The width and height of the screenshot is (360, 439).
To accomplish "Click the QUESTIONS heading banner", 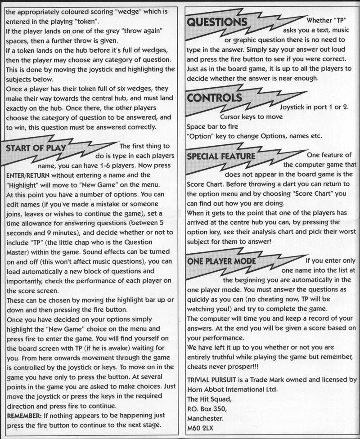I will coord(216,22).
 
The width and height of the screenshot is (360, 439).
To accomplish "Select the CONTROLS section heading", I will coord(214,98).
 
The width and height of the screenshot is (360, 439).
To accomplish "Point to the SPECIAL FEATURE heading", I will coord(221,157).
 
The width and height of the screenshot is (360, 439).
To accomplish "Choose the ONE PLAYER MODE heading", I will coord(222,261).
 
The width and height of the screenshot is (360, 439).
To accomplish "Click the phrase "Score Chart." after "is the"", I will coord(205,184).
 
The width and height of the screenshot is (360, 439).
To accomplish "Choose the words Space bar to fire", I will coord(212,127).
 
